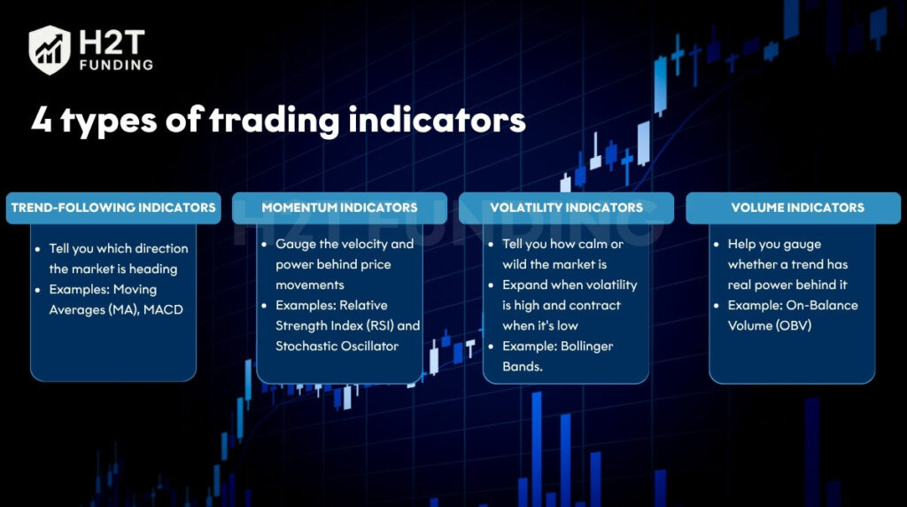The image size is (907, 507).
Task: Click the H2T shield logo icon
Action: (x=50, y=50)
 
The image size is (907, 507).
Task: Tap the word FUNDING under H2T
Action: (x=116, y=65)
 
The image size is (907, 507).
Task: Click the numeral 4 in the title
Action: (x=42, y=119)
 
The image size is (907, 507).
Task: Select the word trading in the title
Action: (x=275, y=121)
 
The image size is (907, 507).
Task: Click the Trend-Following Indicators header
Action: (x=113, y=207)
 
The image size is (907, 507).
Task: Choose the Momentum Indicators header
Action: (x=339, y=207)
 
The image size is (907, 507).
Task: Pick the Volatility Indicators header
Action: (x=566, y=207)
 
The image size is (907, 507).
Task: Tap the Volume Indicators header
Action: (x=793, y=207)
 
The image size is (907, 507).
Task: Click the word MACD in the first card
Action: (x=163, y=309)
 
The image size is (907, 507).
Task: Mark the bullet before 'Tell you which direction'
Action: (x=37, y=249)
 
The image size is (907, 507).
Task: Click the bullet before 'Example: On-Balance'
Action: (x=716, y=306)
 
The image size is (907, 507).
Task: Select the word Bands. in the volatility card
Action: (x=523, y=366)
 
